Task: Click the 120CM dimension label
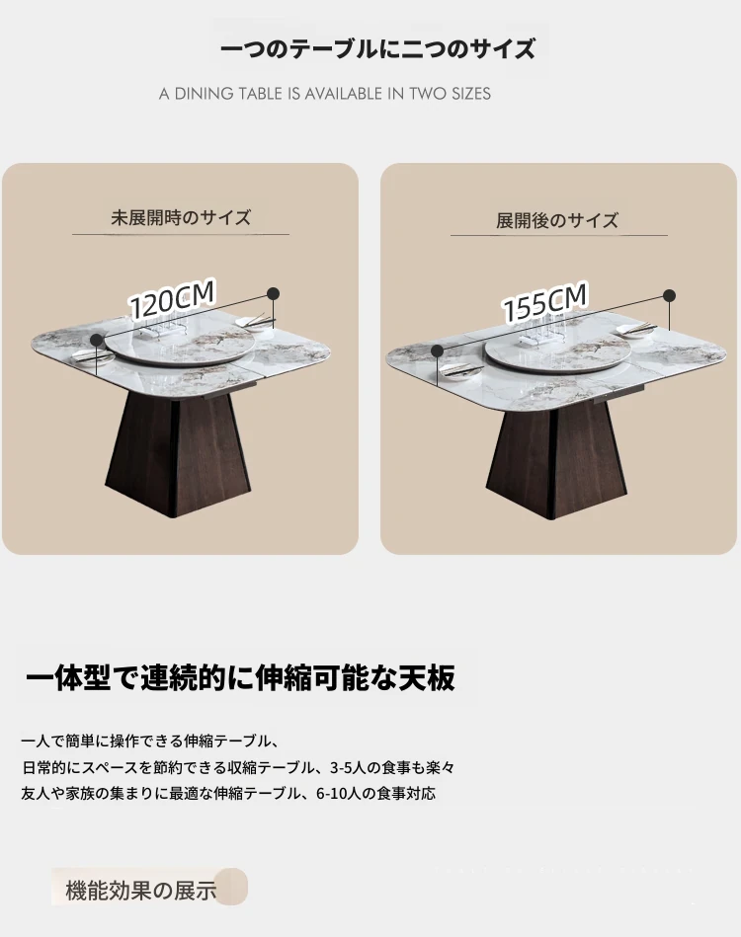click(172, 299)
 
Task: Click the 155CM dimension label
click(544, 303)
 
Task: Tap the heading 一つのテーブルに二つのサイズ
click(378, 49)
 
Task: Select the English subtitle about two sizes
click(325, 94)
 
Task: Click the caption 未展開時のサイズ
click(181, 217)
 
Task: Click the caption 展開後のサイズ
click(557, 220)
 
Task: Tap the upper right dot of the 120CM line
click(274, 293)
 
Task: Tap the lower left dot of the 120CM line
click(96, 340)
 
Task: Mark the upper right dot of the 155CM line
click(670, 295)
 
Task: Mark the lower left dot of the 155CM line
click(438, 351)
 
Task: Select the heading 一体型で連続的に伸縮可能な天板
click(240, 677)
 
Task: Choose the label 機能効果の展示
click(141, 891)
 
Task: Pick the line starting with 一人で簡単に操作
click(149, 741)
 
